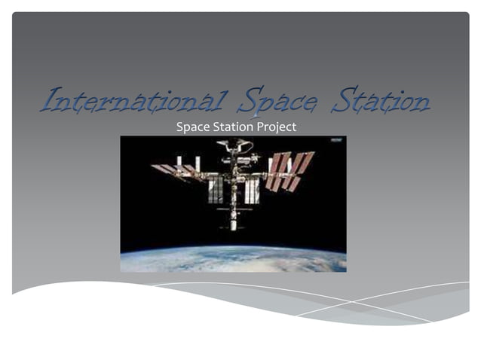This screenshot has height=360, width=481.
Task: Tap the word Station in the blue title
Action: [381, 100]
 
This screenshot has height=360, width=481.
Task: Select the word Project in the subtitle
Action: [277, 127]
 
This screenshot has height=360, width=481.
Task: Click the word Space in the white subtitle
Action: [190, 127]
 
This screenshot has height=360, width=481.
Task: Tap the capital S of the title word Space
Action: [247, 99]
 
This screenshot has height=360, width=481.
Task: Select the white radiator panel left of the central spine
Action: [216, 188]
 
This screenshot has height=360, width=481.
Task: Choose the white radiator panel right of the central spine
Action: [252, 189]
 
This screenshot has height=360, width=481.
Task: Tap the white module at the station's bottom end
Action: [234, 224]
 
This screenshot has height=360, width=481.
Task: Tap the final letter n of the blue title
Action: [422, 102]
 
